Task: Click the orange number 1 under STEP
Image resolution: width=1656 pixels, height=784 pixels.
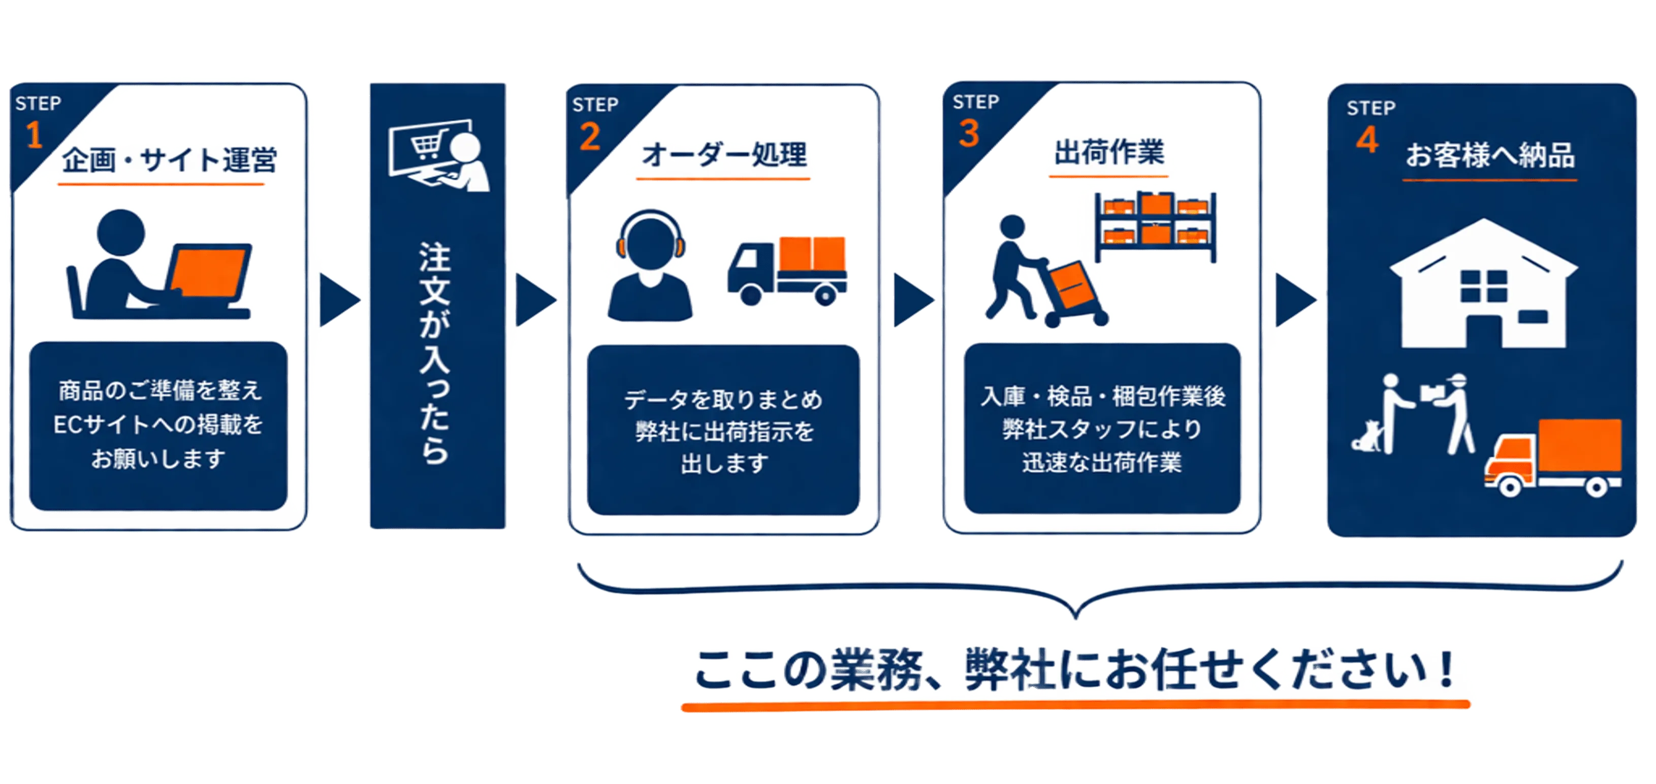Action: (34, 136)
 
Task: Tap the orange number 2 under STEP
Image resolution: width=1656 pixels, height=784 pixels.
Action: (589, 137)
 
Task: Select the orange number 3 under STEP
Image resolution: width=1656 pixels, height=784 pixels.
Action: (969, 134)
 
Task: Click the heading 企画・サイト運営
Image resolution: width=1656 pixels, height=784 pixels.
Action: (169, 160)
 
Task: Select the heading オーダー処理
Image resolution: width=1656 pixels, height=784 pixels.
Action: (724, 155)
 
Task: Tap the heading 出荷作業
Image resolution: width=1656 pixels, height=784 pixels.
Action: (1109, 152)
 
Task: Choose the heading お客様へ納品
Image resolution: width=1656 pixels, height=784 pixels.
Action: (1489, 155)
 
